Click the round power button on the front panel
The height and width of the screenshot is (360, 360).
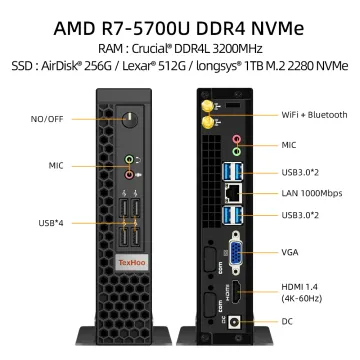point(130,120)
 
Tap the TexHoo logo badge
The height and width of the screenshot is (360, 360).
point(132,263)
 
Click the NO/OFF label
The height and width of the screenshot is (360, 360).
point(47,119)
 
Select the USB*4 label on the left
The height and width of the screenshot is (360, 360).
point(51,223)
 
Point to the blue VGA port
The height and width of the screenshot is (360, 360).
point(236,252)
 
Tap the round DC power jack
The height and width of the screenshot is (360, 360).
point(235,323)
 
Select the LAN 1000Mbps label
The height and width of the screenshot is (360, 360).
point(312,193)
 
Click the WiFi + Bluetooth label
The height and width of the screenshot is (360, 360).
point(314,115)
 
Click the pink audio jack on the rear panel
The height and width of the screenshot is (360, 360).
point(237,139)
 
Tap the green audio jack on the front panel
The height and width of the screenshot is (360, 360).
point(129,160)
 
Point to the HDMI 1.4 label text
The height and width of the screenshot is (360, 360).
point(299,287)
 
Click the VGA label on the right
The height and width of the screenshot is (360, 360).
point(290,252)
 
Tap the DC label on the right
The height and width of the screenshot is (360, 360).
point(287,322)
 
